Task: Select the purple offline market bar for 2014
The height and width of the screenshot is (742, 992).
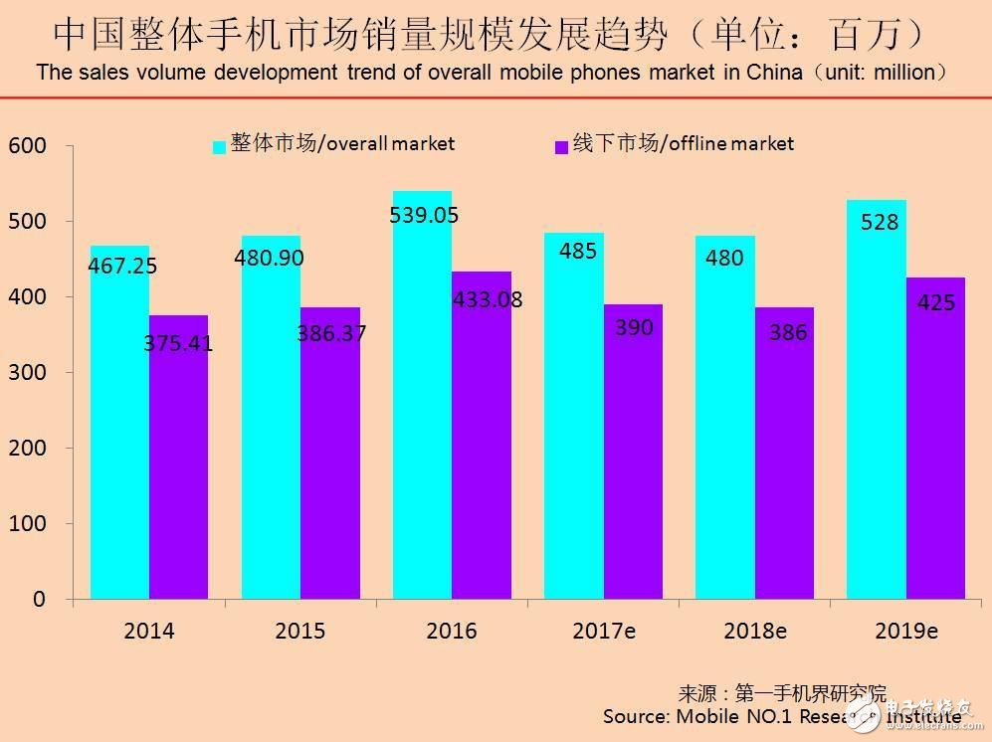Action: pos(179,458)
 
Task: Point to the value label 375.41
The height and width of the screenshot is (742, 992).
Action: pos(179,344)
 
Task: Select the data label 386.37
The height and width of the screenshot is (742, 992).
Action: pos(331,333)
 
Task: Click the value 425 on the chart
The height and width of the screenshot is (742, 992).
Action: pos(936,301)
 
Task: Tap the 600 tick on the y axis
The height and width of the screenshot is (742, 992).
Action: pos(28,146)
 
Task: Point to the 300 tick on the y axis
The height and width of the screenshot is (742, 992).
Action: pos(28,372)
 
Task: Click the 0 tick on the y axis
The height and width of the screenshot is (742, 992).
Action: pos(38,599)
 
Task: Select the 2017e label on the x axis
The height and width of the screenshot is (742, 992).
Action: pos(604,632)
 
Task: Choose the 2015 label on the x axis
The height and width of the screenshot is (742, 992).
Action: pos(300,632)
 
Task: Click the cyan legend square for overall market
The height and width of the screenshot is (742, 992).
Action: pos(219,147)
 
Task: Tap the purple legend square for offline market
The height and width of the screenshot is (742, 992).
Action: pos(560,147)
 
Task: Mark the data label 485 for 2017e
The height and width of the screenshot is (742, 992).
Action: pos(577,251)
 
